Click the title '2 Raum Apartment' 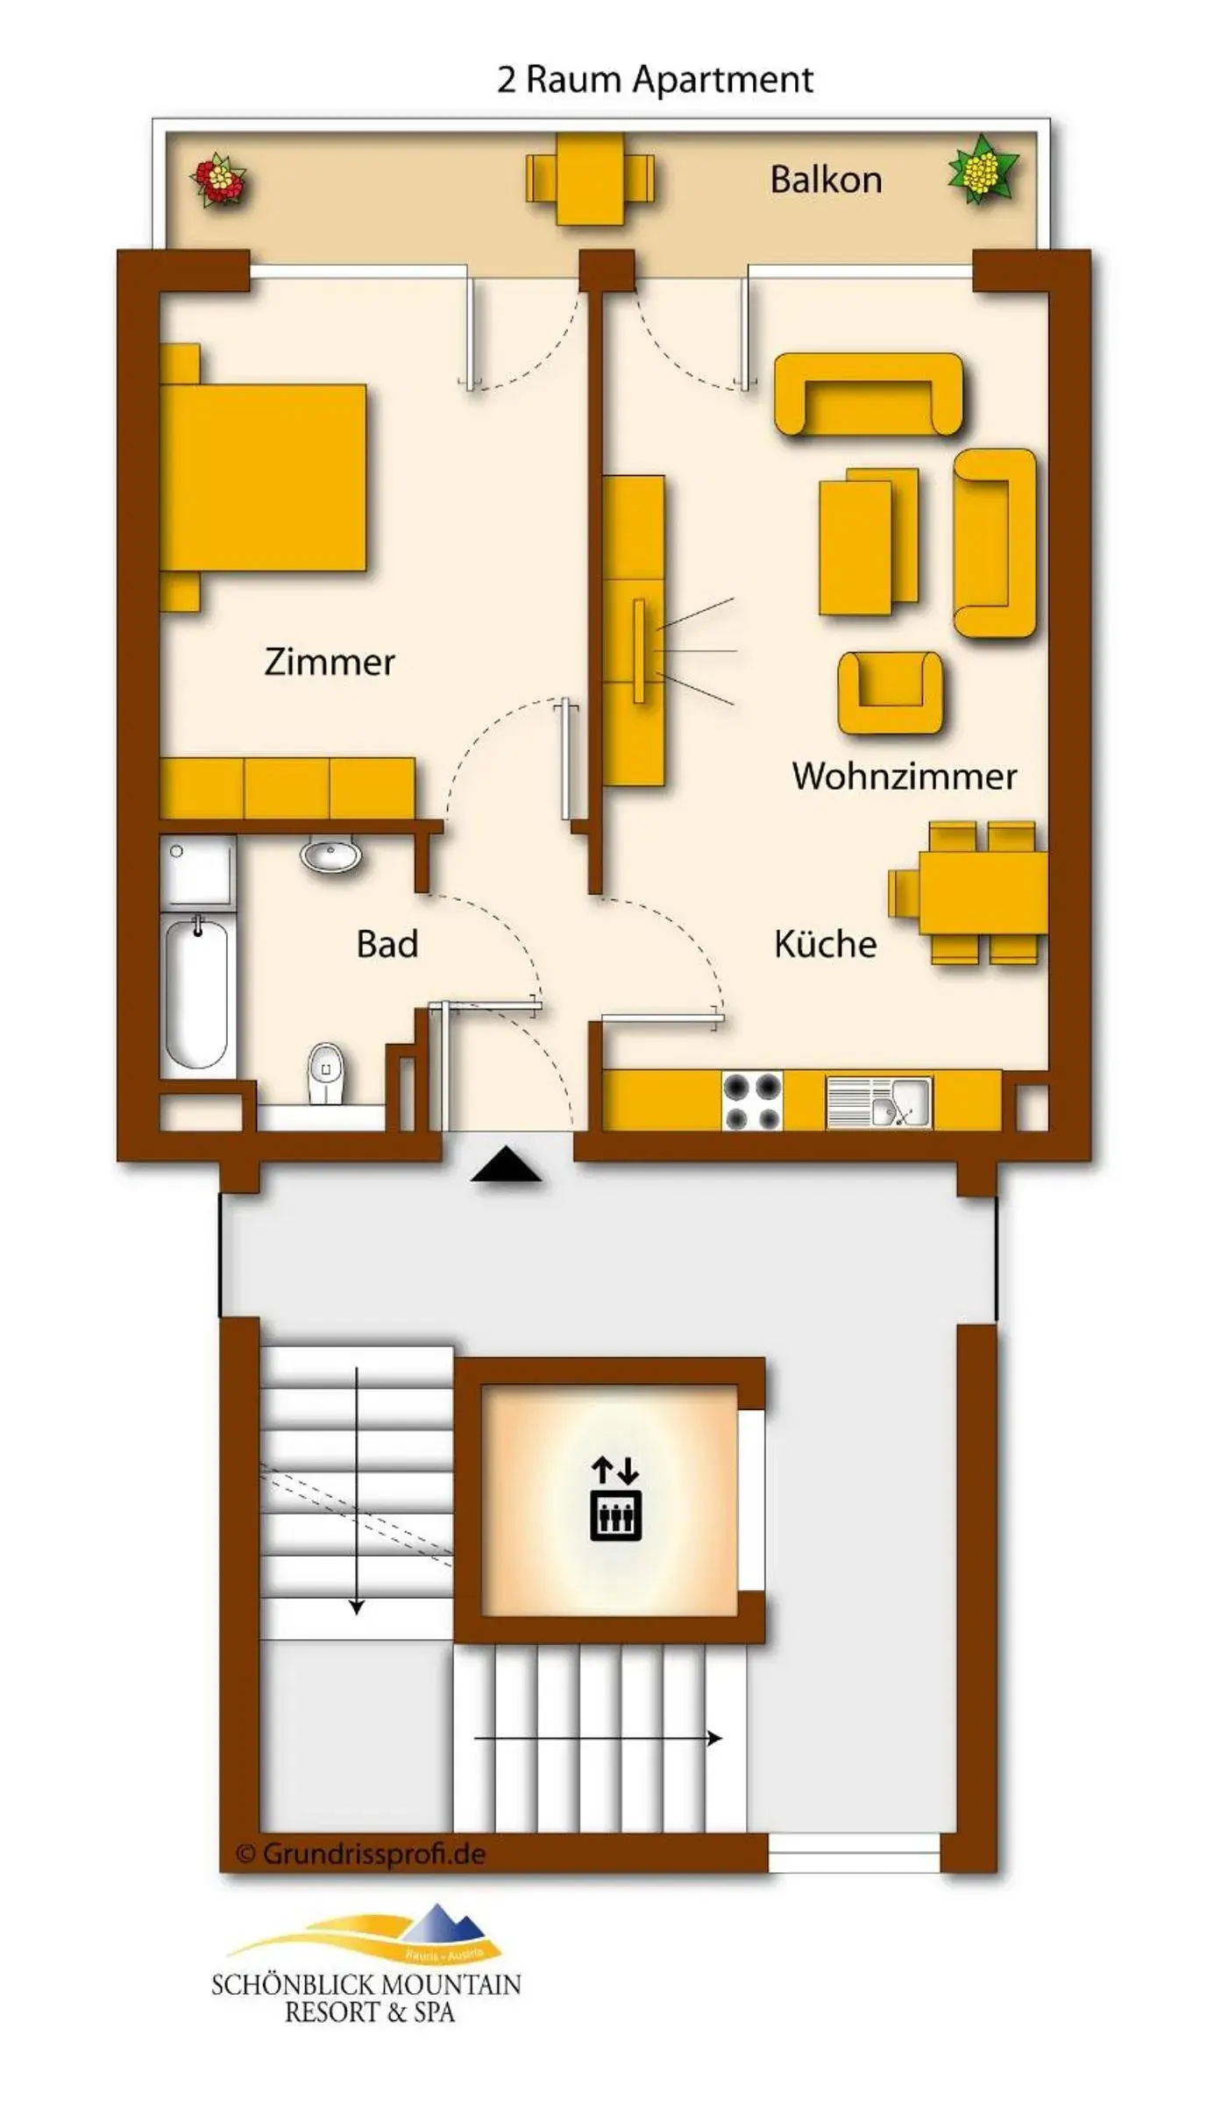(x=655, y=80)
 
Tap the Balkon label (x=826, y=180)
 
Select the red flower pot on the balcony (x=218, y=180)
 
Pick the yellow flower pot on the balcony (x=983, y=169)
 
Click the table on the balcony (x=590, y=178)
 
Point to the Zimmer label (x=330, y=662)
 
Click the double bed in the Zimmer (x=263, y=478)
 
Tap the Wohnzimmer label (x=904, y=777)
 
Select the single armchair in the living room (x=890, y=692)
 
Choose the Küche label (x=825, y=944)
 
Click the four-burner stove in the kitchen (x=752, y=1102)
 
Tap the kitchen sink (x=879, y=1102)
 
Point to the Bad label (x=387, y=944)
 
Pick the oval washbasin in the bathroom (x=330, y=854)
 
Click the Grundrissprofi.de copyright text (x=361, y=1855)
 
